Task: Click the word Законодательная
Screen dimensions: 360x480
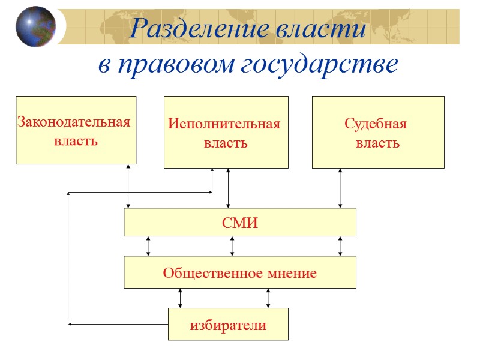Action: click(x=74, y=122)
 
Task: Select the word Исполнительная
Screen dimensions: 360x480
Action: click(x=224, y=124)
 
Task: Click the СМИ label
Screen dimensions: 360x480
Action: click(x=239, y=223)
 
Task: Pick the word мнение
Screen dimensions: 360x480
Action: click(x=294, y=274)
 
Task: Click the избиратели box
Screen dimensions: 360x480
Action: click(x=228, y=325)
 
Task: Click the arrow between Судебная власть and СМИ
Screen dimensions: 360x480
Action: click(x=340, y=188)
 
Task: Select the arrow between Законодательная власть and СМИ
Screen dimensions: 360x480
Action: click(x=128, y=186)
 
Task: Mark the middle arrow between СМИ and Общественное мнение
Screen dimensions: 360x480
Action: click(x=232, y=246)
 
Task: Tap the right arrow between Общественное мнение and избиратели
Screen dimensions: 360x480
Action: click(x=268, y=298)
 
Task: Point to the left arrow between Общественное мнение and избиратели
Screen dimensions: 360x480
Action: click(x=180, y=298)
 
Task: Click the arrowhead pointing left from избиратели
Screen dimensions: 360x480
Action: click(x=70, y=324)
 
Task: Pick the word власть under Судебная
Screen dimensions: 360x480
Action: click(x=378, y=144)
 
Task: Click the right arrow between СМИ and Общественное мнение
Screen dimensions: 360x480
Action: click(x=340, y=246)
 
